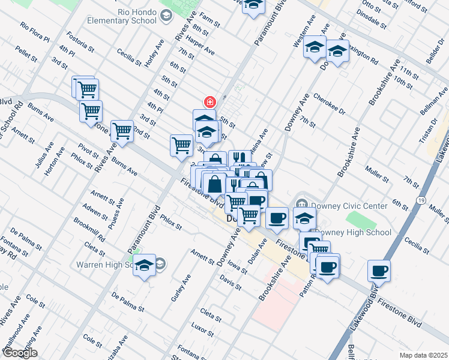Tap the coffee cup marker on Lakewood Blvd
[379, 271]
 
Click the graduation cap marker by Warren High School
[144, 264]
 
